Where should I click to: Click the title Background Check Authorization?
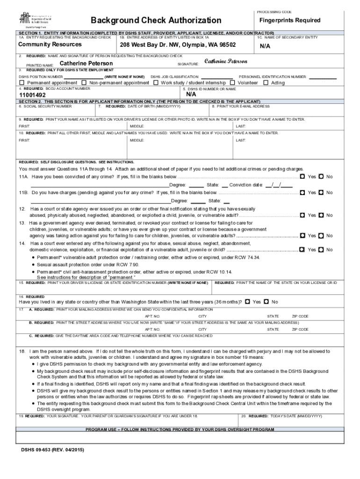tap(156, 20)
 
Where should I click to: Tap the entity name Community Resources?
tap(50, 44)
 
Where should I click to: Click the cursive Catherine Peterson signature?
tap(226, 62)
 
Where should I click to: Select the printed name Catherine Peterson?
tap(86, 63)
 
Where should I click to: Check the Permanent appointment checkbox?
tap(22, 83)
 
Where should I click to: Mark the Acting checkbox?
tap(266, 83)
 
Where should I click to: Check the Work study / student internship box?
tap(156, 83)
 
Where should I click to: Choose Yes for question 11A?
tap(302, 176)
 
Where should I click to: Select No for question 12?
tap(321, 215)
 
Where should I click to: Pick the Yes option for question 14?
tap(302, 249)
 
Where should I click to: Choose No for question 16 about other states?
tap(266, 302)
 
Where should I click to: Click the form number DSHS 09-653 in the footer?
tap(50, 451)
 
